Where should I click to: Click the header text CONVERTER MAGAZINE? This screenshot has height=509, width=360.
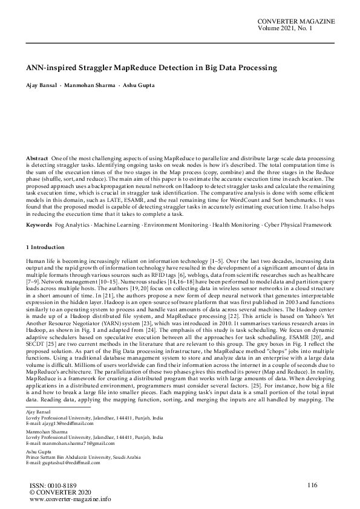tap(296, 21)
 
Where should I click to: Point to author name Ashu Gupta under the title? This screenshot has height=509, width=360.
tap(139, 85)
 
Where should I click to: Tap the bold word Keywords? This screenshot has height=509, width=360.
tap(39, 225)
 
